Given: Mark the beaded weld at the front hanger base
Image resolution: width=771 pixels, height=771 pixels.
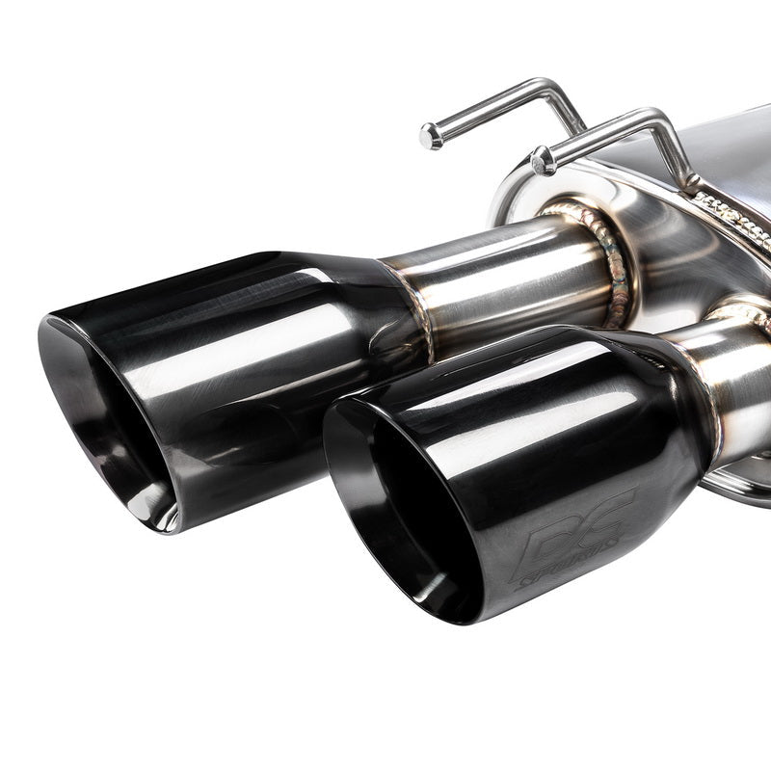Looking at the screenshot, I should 732,212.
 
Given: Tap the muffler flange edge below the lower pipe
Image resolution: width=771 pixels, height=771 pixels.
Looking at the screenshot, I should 742,482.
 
